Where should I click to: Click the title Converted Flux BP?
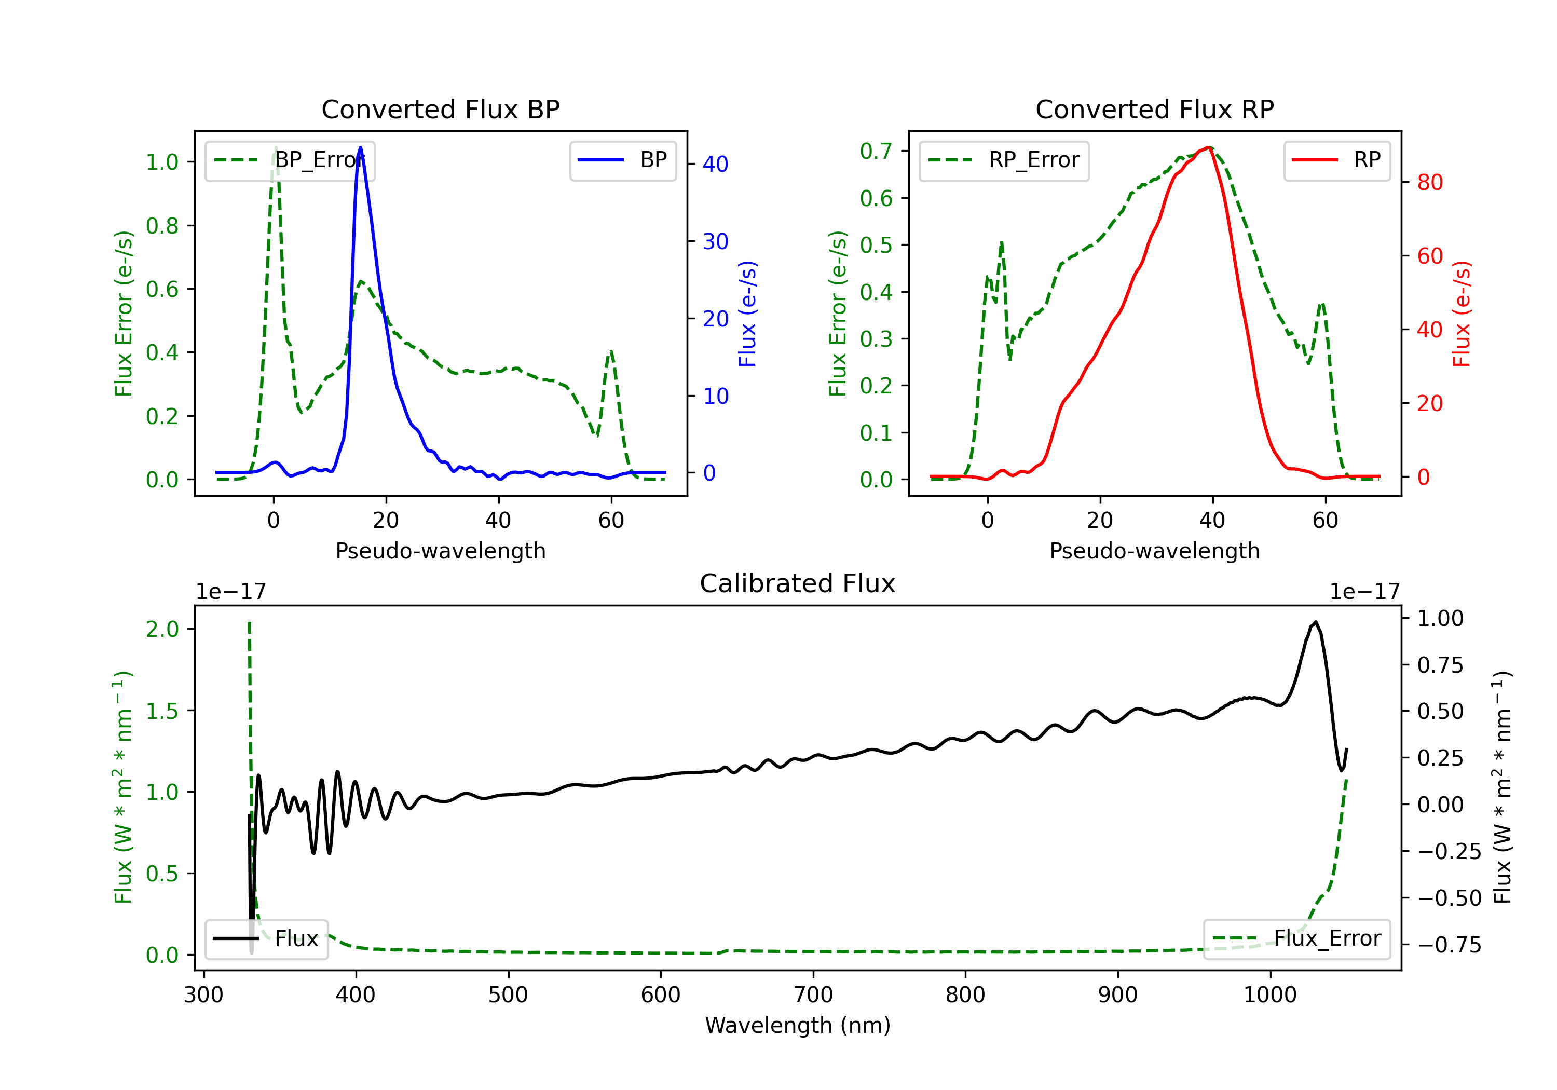[x=440, y=109]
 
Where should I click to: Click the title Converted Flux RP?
[x=1154, y=109]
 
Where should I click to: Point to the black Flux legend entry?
[x=267, y=939]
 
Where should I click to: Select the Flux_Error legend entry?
[x=1296, y=939]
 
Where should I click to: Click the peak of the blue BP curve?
[x=360, y=147]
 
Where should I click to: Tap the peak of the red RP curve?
[x=1209, y=147]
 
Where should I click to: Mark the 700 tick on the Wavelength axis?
[x=813, y=995]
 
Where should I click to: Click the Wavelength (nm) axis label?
[x=798, y=1025]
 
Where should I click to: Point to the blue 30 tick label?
[x=715, y=241]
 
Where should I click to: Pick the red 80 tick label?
[x=1429, y=183]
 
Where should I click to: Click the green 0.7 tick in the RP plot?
[x=876, y=151]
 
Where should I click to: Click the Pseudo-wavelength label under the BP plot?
[x=440, y=551]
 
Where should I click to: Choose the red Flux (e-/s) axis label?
[x=1462, y=314]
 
